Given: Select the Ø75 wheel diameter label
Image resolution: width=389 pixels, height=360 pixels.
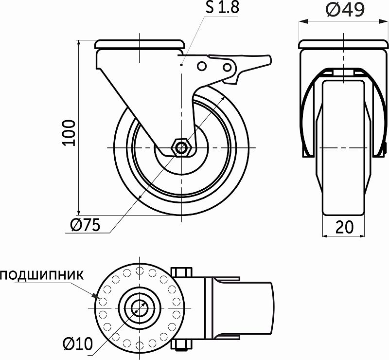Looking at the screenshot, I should [85, 224].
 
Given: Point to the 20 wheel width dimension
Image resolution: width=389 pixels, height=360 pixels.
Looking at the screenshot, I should [343, 227].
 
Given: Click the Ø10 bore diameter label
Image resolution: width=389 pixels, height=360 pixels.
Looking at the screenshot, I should [78, 344].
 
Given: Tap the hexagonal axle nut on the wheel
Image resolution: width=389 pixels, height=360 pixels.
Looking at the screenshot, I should [182, 147].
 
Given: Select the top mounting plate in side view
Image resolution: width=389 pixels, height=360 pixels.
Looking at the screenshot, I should [140, 45].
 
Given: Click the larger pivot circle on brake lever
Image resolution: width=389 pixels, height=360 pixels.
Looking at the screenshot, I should [227, 66].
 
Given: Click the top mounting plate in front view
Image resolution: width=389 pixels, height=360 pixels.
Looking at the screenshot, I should [344, 45].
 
